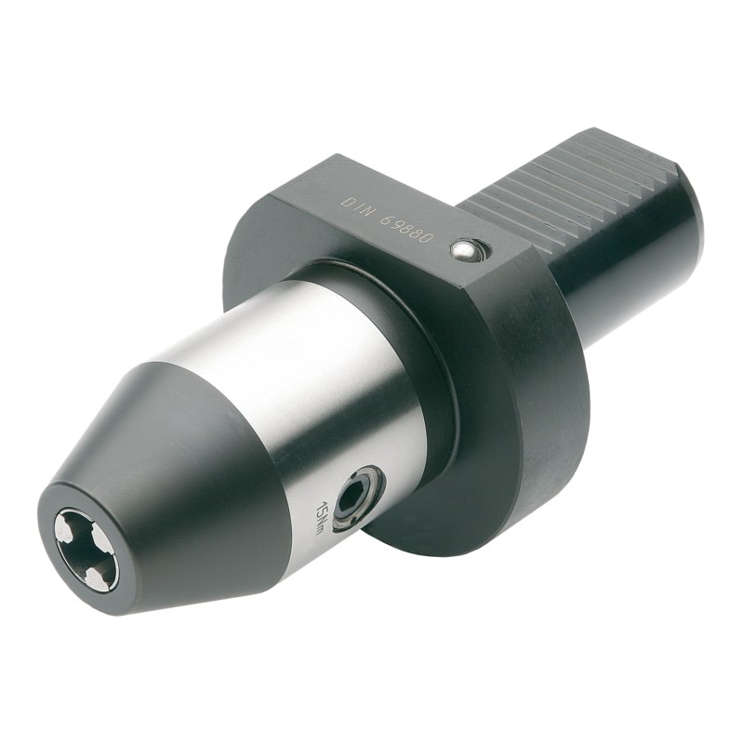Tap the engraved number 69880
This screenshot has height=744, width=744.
[x=408, y=227]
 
